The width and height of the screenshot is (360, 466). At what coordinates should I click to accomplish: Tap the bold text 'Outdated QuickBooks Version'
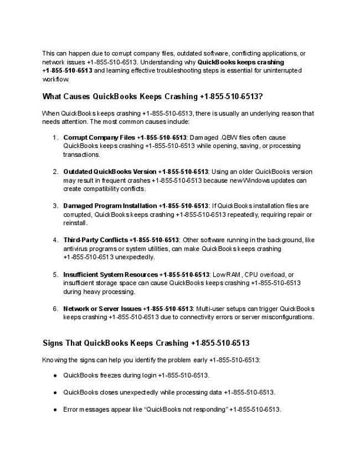point(110,171)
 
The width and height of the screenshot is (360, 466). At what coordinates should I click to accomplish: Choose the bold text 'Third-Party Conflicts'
point(95,240)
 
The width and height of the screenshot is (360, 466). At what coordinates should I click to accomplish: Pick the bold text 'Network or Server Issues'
point(102,309)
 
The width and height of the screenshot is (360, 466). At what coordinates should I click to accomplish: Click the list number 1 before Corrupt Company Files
point(55,137)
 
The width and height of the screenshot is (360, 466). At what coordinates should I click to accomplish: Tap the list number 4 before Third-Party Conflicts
point(55,240)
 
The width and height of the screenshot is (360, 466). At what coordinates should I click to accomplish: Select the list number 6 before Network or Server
point(55,309)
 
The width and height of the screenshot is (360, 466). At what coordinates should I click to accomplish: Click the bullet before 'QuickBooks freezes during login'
point(55,375)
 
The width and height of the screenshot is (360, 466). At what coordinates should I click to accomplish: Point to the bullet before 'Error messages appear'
point(55,409)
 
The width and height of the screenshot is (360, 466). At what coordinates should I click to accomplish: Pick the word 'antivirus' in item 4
point(75,249)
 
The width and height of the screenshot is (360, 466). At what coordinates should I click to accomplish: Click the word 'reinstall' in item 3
point(75,223)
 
